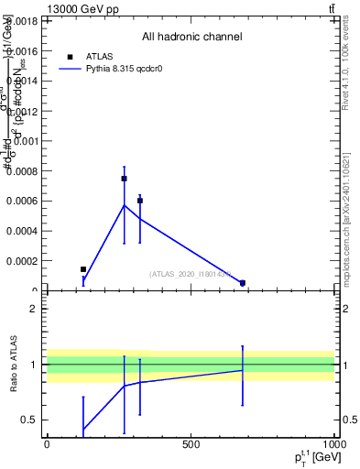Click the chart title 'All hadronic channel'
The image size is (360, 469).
191,38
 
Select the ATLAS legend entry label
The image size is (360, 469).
100,57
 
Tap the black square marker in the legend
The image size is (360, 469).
71,57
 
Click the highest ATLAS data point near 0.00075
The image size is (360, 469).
124,179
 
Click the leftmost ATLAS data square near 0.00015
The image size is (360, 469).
83,269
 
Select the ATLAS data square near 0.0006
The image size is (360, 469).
140,201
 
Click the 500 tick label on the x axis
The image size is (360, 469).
191,444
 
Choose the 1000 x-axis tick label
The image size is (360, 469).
333,444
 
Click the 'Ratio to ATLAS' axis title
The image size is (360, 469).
14,365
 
